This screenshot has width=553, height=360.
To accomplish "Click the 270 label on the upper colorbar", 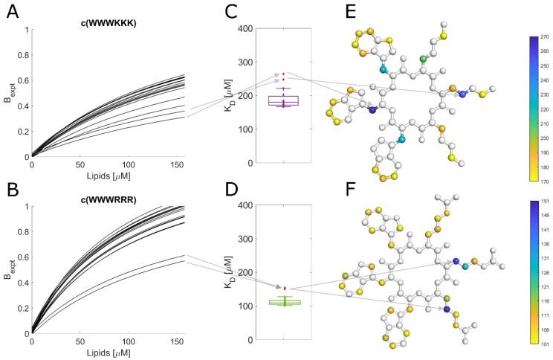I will pyautogui.click(x=544, y=36).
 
